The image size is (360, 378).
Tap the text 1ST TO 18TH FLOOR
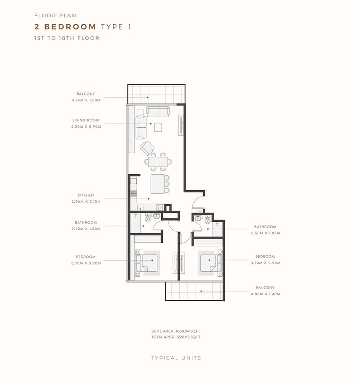tap(67, 38)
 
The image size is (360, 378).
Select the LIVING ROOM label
tap(86, 120)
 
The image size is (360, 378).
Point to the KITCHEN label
tap(86, 195)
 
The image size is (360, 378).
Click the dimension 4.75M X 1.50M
tap(86, 100)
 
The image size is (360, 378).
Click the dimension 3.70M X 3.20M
tap(86, 263)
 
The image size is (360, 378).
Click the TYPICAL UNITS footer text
tap(176, 358)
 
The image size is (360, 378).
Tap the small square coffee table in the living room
tap(158, 126)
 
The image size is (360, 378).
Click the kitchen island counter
tap(158, 184)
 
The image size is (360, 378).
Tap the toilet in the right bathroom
tap(207, 219)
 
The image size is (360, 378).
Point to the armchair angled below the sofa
tap(147, 147)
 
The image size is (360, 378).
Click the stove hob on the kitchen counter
tap(134, 194)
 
